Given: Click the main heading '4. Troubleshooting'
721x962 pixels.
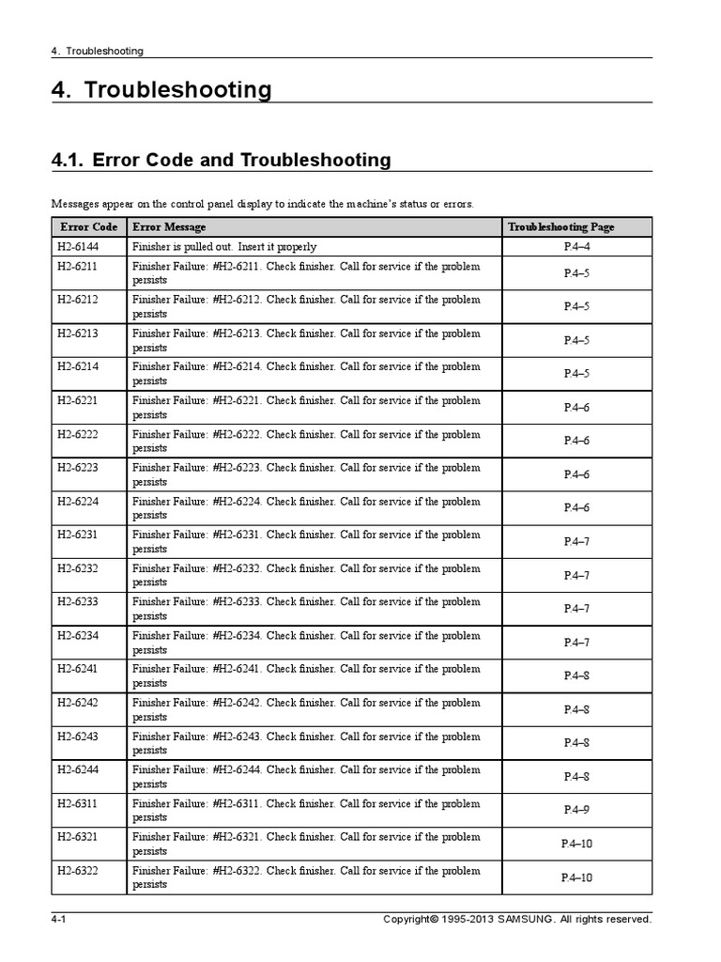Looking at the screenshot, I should (161, 90).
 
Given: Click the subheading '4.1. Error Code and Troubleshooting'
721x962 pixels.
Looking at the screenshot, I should (222, 160).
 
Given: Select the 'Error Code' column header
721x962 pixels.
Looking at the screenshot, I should (88, 227).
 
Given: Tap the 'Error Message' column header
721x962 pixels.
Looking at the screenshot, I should (169, 227).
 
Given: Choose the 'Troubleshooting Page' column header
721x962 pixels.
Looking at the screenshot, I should (575, 227).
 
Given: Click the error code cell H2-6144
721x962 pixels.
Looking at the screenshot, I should (77, 247).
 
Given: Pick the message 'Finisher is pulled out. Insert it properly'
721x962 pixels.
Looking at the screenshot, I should (224, 247).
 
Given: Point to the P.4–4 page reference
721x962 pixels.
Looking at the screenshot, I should (576, 247).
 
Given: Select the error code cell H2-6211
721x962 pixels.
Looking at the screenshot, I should (77, 267).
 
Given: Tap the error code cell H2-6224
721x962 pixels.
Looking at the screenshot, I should (77, 502).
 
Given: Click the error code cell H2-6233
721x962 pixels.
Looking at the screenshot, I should (77, 602).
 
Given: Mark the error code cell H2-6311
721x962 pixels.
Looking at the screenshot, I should (77, 804).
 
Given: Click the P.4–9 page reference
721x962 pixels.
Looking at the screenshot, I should (576, 810).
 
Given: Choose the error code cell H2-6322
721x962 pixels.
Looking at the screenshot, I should (77, 871).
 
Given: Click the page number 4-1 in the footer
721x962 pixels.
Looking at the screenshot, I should (58, 920).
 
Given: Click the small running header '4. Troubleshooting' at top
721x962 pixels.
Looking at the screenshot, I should (98, 51).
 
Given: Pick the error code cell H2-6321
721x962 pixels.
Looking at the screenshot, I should (77, 837).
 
